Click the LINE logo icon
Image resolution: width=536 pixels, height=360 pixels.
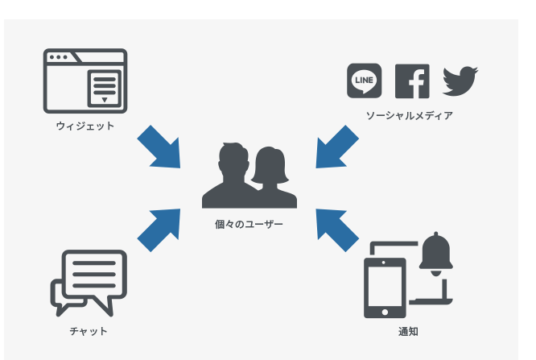[364, 81]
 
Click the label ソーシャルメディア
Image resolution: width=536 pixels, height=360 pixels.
[409, 116]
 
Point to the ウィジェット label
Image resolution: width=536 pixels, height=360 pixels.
[85, 126]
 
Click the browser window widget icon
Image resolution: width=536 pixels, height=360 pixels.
[85, 81]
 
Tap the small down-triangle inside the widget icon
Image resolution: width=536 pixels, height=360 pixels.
[104, 100]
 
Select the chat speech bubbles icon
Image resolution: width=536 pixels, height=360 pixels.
[89, 282]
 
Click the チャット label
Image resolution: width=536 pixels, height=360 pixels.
[89, 331]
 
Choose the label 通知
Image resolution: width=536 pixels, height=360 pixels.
[408, 331]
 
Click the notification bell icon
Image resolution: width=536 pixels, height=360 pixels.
[438, 254]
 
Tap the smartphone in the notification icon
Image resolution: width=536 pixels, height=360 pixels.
[385, 287]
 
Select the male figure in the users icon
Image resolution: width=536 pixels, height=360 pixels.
[229, 174]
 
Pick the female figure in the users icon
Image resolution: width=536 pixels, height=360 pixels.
[269, 176]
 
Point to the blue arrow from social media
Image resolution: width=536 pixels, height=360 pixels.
[336, 147]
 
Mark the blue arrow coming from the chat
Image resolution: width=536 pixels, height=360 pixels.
[159, 230]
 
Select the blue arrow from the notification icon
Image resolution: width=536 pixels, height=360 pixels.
[336, 230]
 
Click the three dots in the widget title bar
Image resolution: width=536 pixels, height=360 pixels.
[58, 58]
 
